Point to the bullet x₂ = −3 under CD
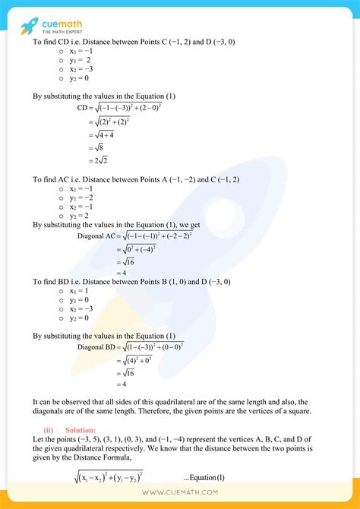point(81,68)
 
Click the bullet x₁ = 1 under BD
point(79,291)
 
